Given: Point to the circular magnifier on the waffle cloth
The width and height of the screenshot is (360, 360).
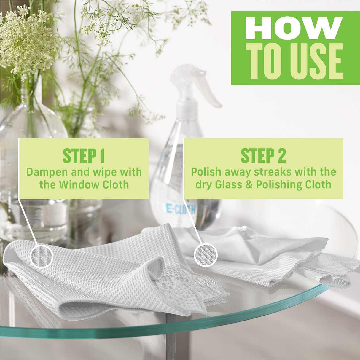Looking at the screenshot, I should click(x=42, y=256).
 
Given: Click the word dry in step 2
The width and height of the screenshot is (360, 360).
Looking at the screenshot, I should click(x=203, y=185).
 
